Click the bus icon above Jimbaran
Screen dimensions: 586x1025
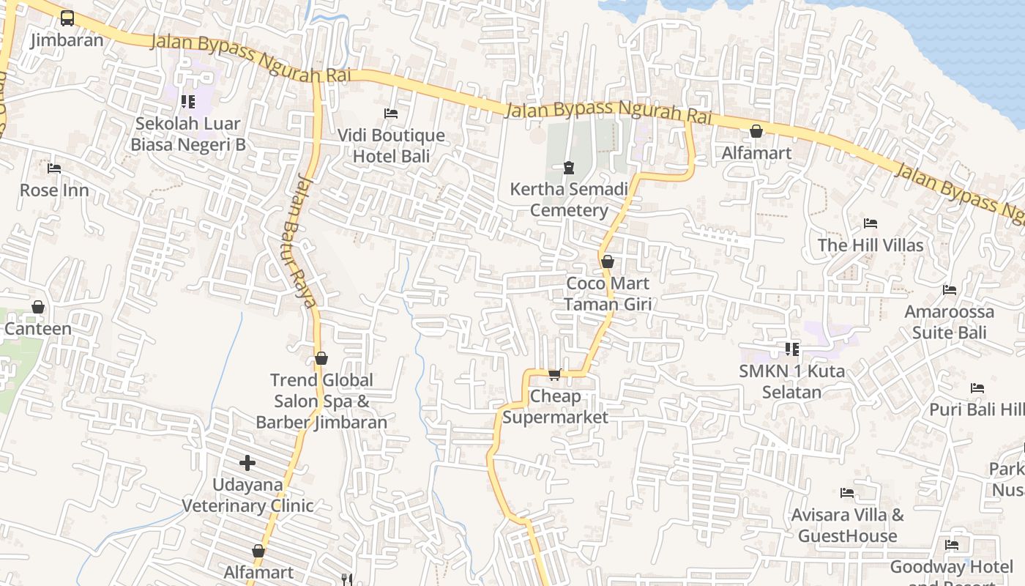tap(67, 18)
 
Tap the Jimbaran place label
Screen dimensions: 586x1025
tap(67, 40)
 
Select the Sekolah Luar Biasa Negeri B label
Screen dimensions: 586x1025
tap(188, 134)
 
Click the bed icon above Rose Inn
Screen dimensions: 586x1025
tap(54, 168)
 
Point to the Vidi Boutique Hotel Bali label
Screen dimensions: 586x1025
tap(391, 145)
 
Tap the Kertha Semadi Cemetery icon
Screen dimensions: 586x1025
tap(569, 168)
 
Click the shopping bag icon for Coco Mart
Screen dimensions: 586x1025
tap(607, 262)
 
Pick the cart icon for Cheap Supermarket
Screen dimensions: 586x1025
tap(555, 374)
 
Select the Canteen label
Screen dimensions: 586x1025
tap(38, 329)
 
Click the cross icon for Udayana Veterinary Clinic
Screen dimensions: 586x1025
tap(247, 463)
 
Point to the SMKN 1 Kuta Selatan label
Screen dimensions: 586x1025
tap(791, 381)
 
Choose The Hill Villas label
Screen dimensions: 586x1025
tap(871, 245)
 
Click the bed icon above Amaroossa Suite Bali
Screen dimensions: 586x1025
tap(950, 290)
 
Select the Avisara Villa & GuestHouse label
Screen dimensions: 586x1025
tap(847, 525)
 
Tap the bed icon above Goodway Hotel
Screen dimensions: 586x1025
tap(952, 545)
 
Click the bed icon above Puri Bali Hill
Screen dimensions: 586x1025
tap(977, 387)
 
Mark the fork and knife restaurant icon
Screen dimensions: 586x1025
tap(348, 579)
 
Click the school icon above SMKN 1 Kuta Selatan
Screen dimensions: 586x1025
tap(791, 349)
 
